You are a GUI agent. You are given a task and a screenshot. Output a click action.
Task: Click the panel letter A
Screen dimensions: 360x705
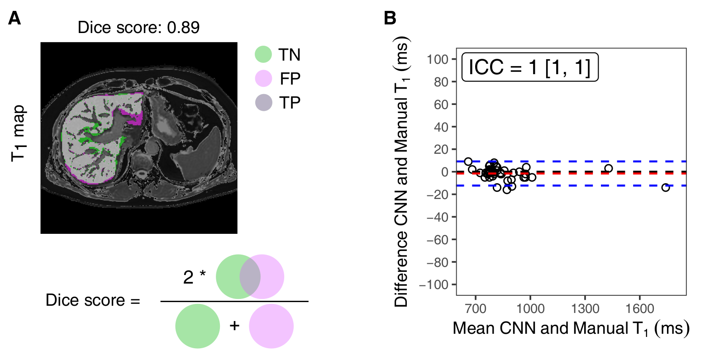pos(14,19)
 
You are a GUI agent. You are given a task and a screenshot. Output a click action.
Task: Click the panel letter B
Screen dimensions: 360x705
pos(390,19)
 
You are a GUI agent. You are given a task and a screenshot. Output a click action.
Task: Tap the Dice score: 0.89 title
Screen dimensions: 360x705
pos(138,28)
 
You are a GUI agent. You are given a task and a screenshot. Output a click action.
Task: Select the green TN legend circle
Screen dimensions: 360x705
pos(263,54)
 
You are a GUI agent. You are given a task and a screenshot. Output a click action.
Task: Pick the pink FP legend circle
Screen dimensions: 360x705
pos(263,79)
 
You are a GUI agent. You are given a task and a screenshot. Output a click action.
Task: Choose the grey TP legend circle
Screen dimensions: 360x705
pos(263,103)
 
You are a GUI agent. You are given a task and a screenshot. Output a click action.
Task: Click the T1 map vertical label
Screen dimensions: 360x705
pos(19,133)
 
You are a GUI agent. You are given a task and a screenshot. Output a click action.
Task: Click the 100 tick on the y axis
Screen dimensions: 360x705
pos(436,59)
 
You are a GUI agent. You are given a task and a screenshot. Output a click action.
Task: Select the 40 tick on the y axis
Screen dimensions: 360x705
pos(439,127)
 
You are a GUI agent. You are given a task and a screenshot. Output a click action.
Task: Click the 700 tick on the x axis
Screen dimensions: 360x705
pos(476,309)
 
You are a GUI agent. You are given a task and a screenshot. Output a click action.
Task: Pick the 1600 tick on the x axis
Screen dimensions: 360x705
pos(639,309)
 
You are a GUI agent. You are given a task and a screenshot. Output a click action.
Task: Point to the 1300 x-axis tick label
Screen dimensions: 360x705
pos(585,309)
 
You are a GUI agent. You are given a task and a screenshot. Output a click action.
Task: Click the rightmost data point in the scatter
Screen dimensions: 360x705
pos(665,187)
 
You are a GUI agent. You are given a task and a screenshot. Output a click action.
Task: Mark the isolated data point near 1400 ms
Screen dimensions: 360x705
pos(609,168)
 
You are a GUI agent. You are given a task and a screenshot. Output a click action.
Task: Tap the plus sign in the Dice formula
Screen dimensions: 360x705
pos(234,325)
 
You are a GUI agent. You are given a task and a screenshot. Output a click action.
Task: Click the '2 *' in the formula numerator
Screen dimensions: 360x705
pos(194,277)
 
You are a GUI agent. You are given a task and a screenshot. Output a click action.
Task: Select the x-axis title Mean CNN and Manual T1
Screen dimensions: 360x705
pos(571,328)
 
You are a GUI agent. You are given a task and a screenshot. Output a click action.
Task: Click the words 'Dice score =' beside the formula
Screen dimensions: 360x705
pos(93,300)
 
